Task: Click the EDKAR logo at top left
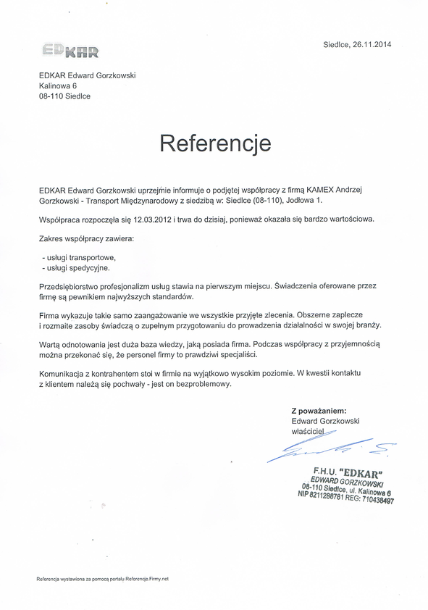tap(70, 51)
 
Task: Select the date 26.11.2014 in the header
tap(370, 45)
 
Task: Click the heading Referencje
tap(215, 143)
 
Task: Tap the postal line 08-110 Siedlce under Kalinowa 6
tap(65, 96)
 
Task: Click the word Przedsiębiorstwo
tap(70, 287)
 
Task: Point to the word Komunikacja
tap(63, 372)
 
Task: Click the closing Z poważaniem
tap(319, 410)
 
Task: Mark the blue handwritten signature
tap(330, 451)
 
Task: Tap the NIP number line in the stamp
tap(345, 498)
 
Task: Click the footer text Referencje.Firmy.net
tap(147, 579)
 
